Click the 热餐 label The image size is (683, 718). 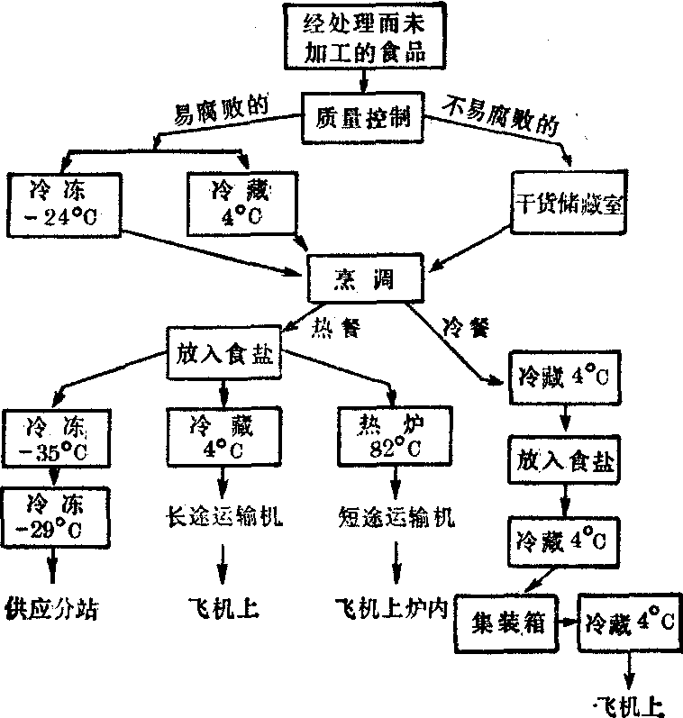pyautogui.click(x=337, y=326)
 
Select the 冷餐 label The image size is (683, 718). pyautogui.click(x=466, y=326)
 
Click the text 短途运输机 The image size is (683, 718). pyautogui.click(x=395, y=518)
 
